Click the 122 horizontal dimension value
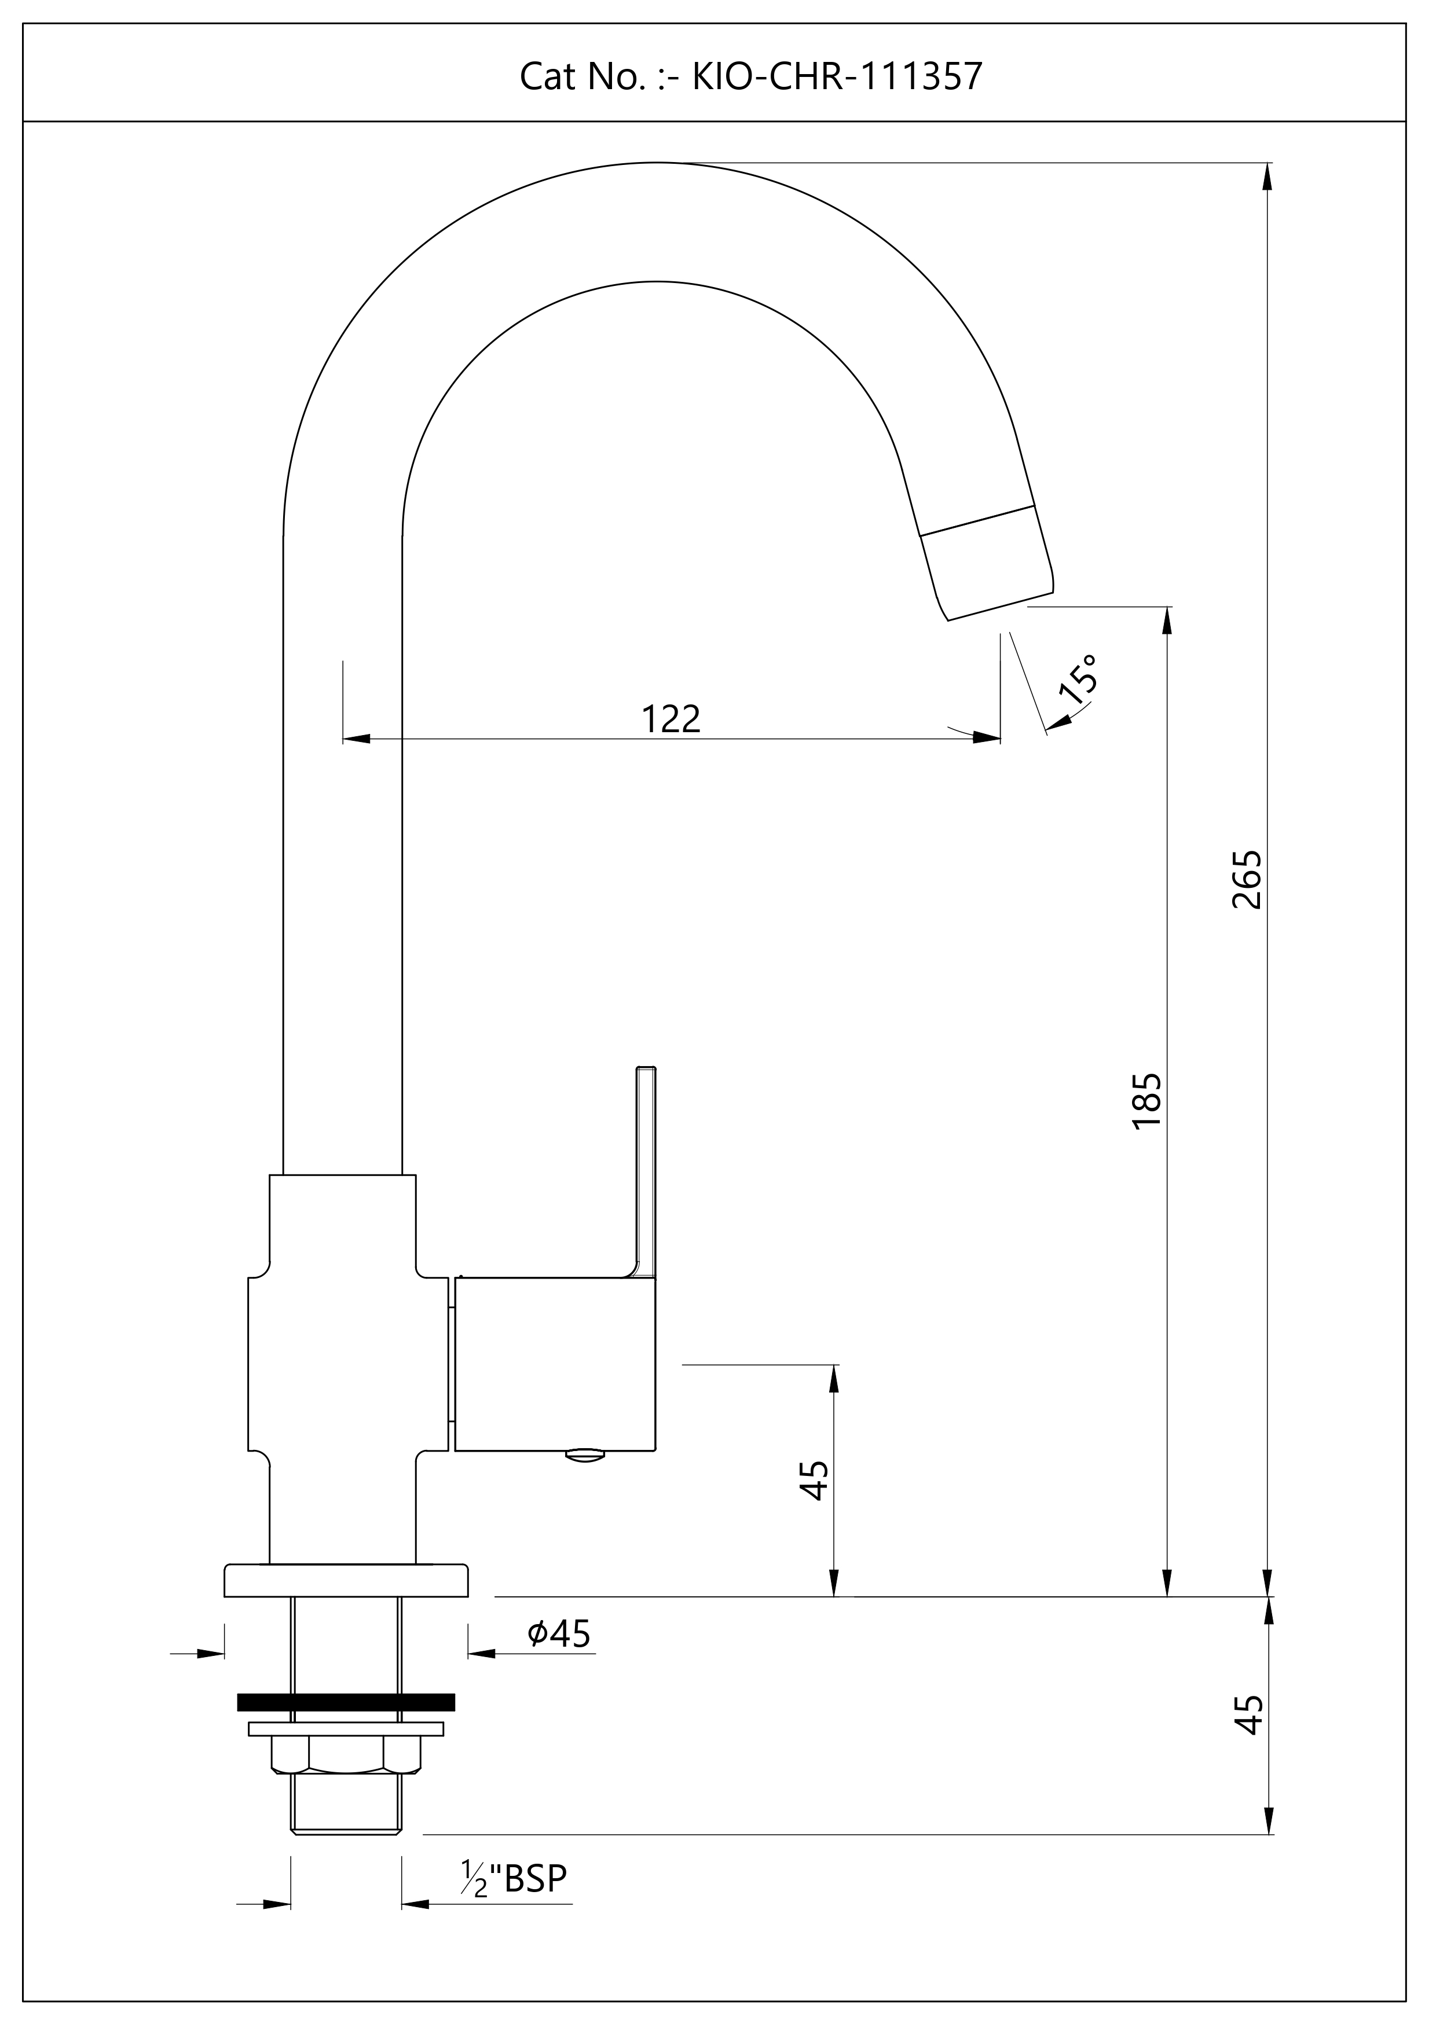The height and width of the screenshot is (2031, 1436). [x=671, y=719]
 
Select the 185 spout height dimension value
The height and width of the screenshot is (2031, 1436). [x=1146, y=1100]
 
